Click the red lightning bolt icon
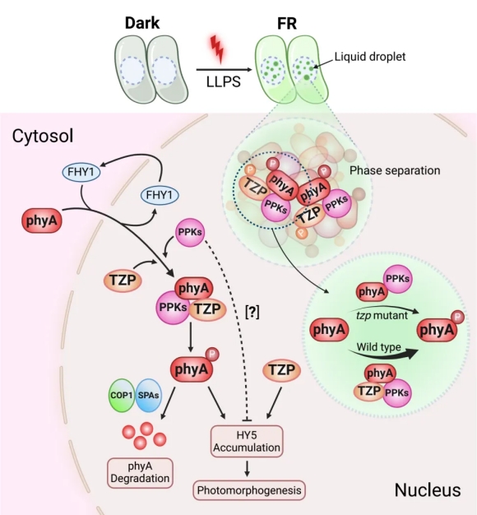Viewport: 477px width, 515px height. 217,49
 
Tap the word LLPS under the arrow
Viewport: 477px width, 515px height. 223,81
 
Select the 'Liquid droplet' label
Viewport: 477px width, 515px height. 370,57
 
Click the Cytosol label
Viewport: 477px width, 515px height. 43,136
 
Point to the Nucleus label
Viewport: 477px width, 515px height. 428,489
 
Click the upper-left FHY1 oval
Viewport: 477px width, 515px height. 81,172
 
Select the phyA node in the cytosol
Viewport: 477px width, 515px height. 42,220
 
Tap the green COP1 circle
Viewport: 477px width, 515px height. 122,395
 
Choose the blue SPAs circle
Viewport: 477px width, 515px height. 148,395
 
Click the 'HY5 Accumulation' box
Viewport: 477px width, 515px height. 247,442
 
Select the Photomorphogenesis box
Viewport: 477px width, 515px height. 249,490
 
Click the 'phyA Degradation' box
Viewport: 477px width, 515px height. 140,472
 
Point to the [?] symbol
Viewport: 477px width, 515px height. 252,311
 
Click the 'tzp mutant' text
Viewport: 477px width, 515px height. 382,316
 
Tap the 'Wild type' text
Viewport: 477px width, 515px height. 379,347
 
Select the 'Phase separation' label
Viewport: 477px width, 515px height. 395,170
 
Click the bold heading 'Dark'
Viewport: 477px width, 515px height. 142,23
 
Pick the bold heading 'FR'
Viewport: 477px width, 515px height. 287,23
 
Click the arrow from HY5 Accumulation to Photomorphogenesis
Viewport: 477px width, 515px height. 247,469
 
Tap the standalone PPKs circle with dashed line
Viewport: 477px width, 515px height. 190,232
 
